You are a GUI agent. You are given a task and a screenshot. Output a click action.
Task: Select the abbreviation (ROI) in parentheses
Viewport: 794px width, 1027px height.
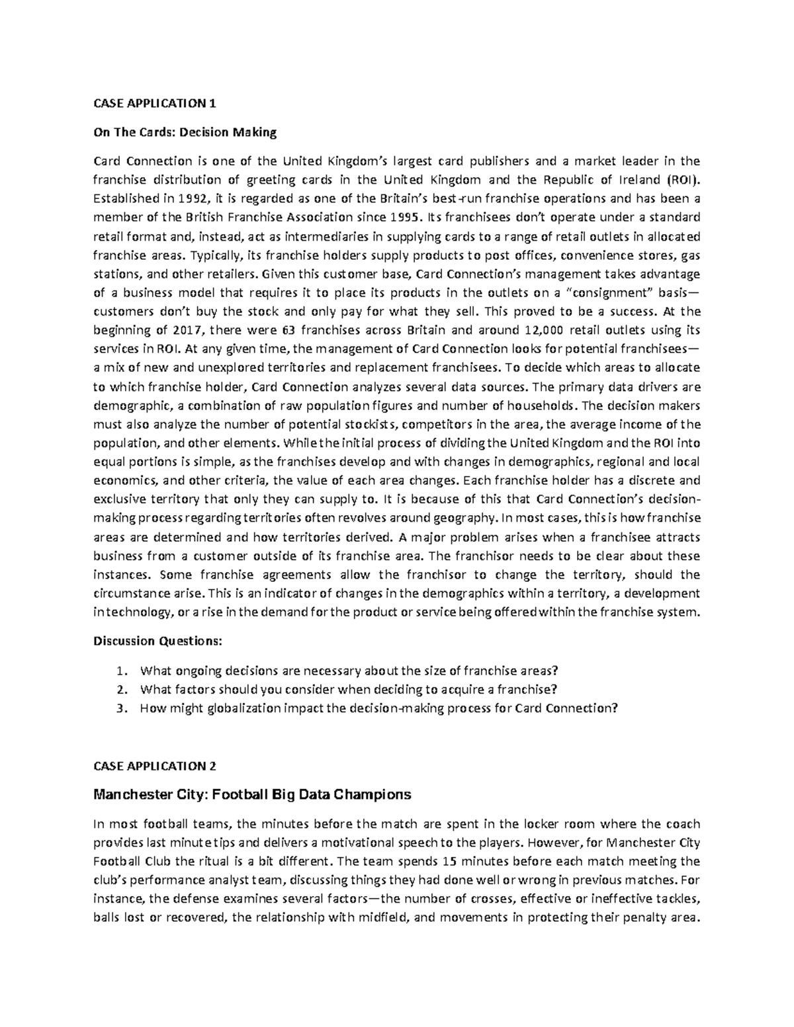681,179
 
